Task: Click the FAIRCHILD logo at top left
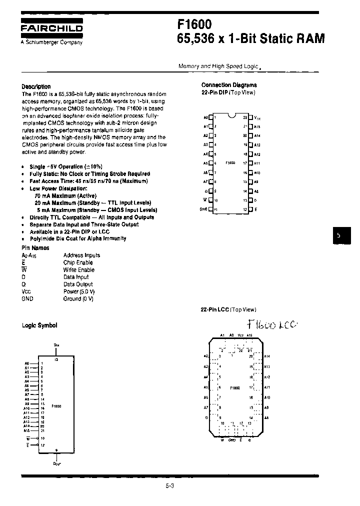[x=51, y=29]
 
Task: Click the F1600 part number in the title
[x=194, y=24]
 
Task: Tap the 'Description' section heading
[x=36, y=86]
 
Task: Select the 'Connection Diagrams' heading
[x=229, y=85]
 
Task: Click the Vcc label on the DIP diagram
[x=257, y=118]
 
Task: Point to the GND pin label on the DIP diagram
[x=203, y=209]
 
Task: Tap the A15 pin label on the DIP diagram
[x=257, y=126]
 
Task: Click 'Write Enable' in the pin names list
[x=78, y=270]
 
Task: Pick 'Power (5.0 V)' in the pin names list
[x=79, y=291]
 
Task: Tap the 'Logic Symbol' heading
[x=39, y=325]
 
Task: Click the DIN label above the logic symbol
[x=56, y=345]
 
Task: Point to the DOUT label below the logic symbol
[x=56, y=463]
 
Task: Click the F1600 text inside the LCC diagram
[x=234, y=387]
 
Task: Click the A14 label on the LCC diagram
[x=267, y=356]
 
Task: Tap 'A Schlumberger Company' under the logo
[x=51, y=42]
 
